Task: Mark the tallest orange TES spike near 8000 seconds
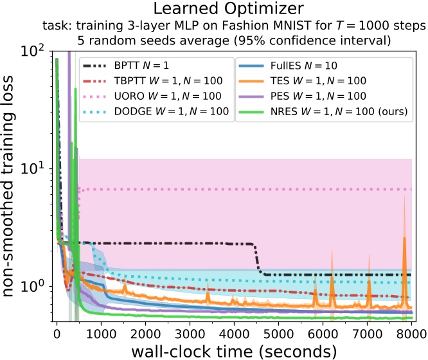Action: pos(404,238)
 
